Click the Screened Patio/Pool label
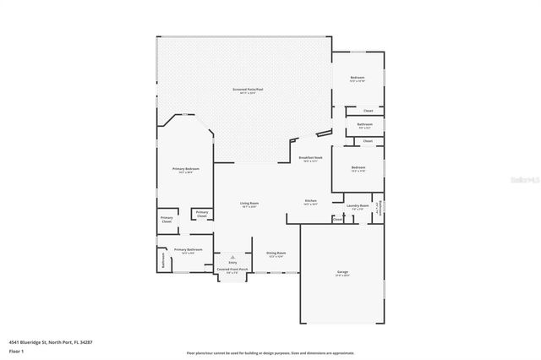point(243,89)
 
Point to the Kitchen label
point(311,200)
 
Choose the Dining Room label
point(276,254)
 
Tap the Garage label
point(342,272)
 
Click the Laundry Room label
point(358,205)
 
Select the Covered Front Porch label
point(232,270)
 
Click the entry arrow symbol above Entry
point(232,256)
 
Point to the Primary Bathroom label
point(188,249)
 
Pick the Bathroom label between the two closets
point(364,124)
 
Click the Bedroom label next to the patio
point(358,78)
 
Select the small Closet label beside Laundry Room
point(337,219)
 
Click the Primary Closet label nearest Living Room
point(202,215)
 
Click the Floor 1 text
point(16,350)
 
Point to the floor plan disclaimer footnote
point(270,352)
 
